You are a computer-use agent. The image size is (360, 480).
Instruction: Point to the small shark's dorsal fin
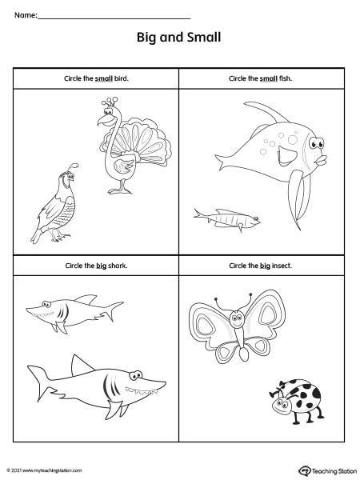tap(86, 298)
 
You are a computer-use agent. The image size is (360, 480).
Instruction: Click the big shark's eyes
tap(136, 375)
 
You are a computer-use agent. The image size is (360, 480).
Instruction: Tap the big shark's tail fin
tap(39, 382)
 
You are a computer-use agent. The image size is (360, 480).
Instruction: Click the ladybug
tap(296, 402)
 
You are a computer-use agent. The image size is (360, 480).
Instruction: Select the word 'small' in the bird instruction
tap(104, 78)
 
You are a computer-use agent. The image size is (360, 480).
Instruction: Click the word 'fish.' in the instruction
tap(286, 78)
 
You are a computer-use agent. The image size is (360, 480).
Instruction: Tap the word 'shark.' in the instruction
tap(118, 266)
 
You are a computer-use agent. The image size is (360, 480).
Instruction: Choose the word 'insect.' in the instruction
tap(282, 266)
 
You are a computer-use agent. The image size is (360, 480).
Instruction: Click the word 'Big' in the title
tap(146, 38)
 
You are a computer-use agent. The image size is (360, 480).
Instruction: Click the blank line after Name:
tap(114, 18)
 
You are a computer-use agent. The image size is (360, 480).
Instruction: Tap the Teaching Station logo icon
tap(304, 470)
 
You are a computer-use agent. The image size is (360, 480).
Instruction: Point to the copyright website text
tap(44, 470)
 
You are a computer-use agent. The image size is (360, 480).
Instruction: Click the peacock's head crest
tap(110, 102)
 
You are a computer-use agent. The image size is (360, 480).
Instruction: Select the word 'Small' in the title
tap(204, 38)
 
